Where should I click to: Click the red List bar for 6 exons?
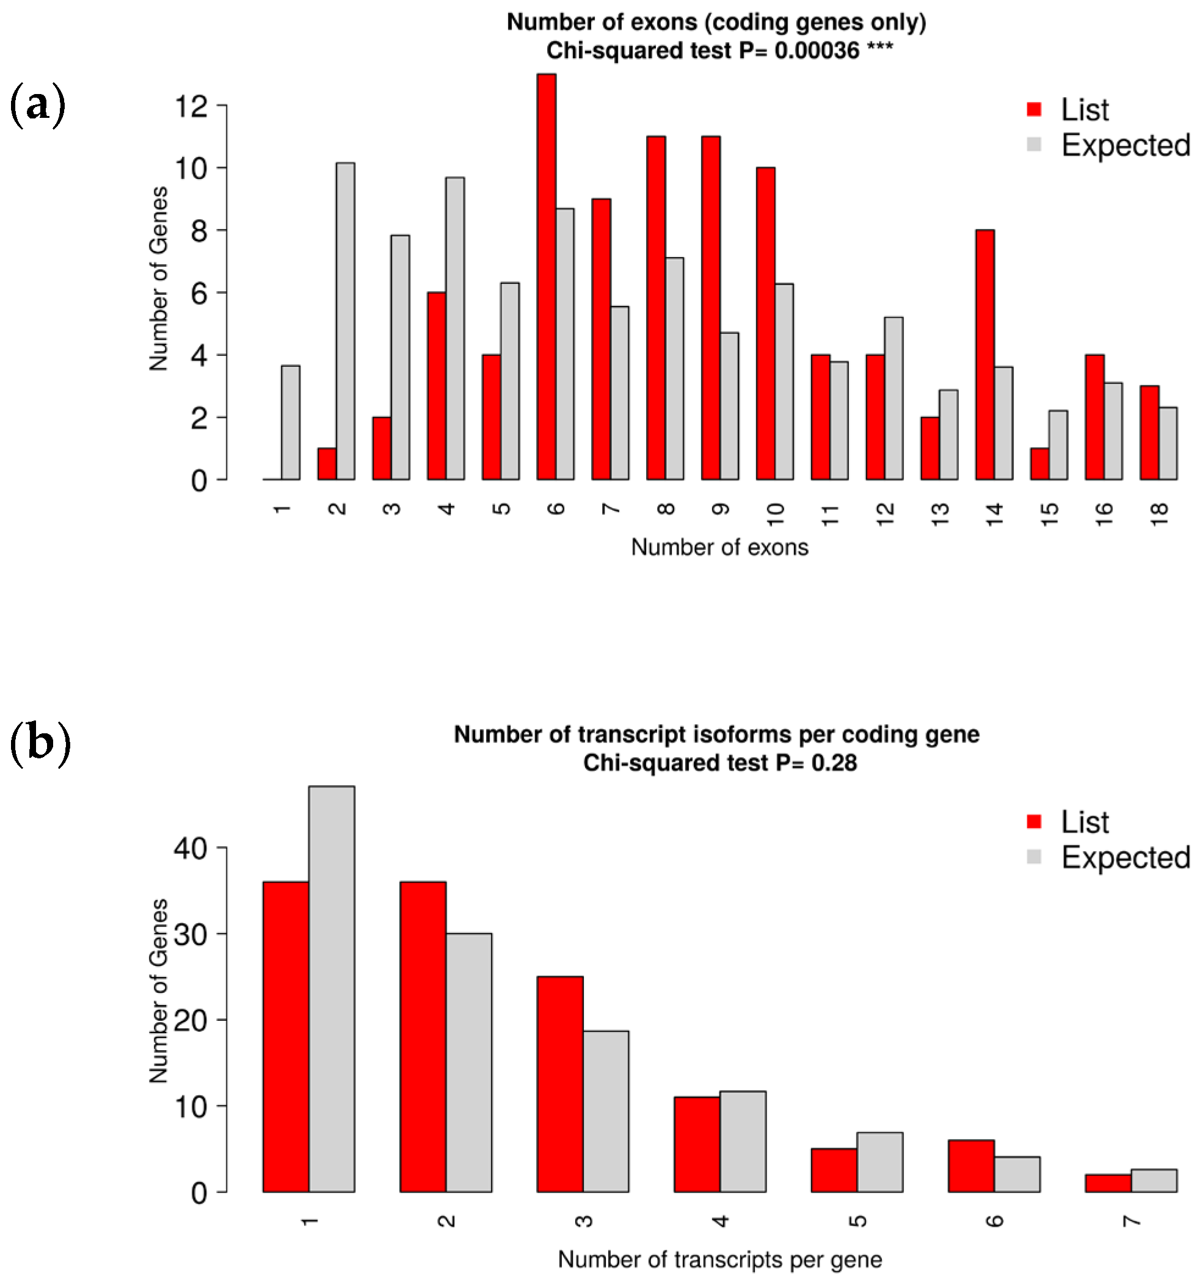coord(546,277)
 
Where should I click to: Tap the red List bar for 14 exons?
coord(984,354)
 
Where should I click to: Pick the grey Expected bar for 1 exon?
coord(290,423)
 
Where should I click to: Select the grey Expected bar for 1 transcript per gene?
coord(332,989)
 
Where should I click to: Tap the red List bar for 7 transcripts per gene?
coord(1107,1183)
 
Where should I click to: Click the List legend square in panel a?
coord(1034,109)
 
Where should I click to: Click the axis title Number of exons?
coord(719,547)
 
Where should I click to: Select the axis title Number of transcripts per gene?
coord(719,1259)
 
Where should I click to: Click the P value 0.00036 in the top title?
coord(817,50)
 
